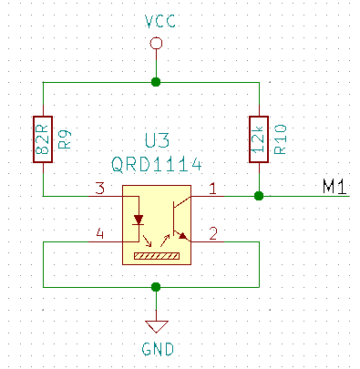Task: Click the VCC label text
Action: (x=157, y=21)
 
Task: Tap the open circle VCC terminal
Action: (x=157, y=44)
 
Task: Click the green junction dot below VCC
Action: (x=157, y=82)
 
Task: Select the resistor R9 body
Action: (x=43, y=138)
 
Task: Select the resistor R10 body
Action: (x=260, y=138)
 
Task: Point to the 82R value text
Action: (x=43, y=138)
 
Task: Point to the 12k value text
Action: (x=260, y=138)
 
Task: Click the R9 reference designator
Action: (x=63, y=138)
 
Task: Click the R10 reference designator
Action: (x=280, y=138)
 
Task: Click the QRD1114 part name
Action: (x=157, y=165)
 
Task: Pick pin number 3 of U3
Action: (x=101, y=189)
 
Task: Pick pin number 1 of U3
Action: (x=213, y=189)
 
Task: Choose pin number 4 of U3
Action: (x=101, y=234)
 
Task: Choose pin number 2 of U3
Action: (x=213, y=234)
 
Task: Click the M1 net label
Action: (x=334, y=188)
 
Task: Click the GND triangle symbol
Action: (x=157, y=325)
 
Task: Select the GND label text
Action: (x=157, y=349)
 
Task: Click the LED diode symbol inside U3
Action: (x=139, y=220)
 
